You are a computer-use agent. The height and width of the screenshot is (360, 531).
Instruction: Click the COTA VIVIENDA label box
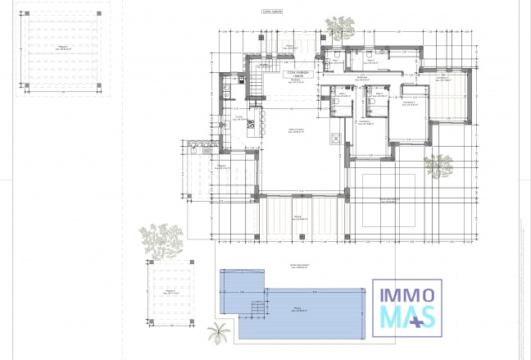click(296, 76)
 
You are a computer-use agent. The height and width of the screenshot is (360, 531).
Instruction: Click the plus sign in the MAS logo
click(424, 323)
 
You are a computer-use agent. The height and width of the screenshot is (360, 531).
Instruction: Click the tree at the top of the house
click(336, 26)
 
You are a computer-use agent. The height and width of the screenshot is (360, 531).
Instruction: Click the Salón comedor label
click(296, 131)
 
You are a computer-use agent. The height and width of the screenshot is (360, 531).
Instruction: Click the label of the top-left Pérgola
click(62, 48)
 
